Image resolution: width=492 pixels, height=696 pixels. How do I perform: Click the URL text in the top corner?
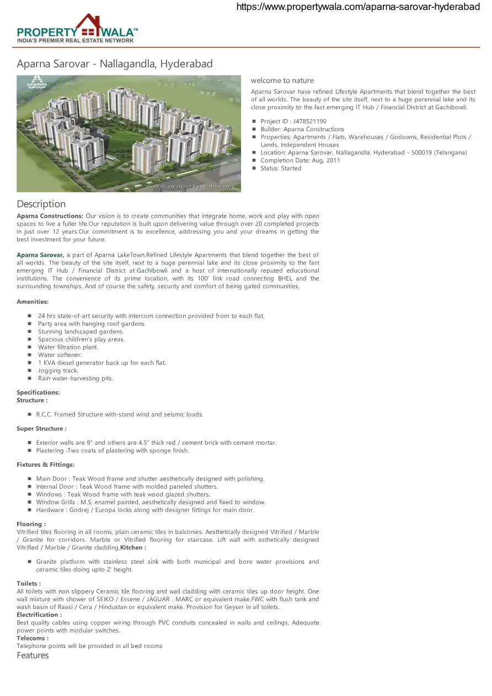coord(358,7)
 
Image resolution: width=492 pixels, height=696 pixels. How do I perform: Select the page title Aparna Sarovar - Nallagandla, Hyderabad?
coord(115,64)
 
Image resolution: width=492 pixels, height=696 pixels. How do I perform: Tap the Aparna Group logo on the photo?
coord(38,82)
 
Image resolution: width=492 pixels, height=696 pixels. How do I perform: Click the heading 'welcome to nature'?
coord(282,80)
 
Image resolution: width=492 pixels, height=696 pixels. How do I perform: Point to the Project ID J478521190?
coord(293,121)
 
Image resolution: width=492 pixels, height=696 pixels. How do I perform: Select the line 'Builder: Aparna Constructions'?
coord(302,129)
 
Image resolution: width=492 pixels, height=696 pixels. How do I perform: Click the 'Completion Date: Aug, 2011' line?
coord(300,160)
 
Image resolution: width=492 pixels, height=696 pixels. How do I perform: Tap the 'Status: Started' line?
coord(281,168)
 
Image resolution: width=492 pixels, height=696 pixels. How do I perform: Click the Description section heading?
coord(41,204)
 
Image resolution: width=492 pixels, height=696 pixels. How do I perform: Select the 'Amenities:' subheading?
coord(33,302)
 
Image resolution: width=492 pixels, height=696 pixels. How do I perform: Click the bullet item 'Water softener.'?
coord(60,355)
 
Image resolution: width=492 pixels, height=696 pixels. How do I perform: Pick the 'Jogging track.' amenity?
coord(58,370)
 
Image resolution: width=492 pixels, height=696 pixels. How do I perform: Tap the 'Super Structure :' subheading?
coord(41,428)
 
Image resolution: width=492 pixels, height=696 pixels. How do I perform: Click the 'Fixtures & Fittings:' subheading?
coord(45,465)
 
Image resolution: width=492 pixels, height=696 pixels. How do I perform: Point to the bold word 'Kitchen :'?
coord(133,548)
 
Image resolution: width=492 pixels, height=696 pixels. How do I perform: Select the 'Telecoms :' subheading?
coord(33,638)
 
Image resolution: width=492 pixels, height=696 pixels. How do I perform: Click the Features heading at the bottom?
coord(33,655)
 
